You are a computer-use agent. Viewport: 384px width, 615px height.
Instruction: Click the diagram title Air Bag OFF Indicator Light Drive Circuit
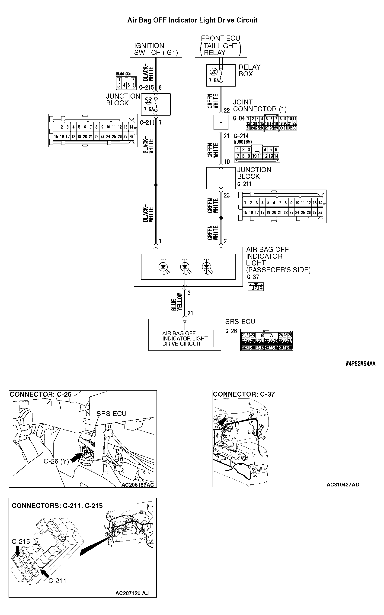[x=192, y=20]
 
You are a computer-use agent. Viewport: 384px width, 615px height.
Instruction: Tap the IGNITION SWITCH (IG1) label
[x=156, y=49]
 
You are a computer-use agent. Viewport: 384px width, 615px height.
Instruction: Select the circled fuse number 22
[x=149, y=101]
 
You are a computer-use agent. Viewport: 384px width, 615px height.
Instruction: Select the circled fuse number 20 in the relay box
[x=214, y=72]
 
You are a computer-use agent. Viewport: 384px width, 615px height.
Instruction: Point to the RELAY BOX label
[x=250, y=71]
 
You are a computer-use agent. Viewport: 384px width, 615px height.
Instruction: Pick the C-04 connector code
[x=239, y=118]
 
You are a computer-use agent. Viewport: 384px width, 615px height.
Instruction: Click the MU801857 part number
[x=243, y=142]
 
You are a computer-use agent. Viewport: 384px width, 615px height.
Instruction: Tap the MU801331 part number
[x=124, y=74]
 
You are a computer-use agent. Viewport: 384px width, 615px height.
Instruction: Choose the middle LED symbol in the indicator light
[x=185, y=267]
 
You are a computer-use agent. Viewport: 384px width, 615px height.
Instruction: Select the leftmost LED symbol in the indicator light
[x=163, y=267]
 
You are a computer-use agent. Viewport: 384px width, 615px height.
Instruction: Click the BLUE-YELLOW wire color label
[x=177, y=302]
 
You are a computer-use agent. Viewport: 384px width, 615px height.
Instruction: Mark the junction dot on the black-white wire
[x=156, y=185]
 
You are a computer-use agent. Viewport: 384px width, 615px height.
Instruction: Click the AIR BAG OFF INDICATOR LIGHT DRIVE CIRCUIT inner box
[x=185, y=339]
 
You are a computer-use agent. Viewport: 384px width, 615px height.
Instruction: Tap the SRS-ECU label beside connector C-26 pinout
[x=240, y=322]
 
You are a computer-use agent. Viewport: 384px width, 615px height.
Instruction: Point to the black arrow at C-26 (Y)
[x=75, y=458]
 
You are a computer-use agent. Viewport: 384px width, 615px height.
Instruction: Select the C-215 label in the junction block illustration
[x=21, y=542]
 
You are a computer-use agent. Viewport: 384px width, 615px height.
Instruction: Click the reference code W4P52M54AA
[x=360, y=364]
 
